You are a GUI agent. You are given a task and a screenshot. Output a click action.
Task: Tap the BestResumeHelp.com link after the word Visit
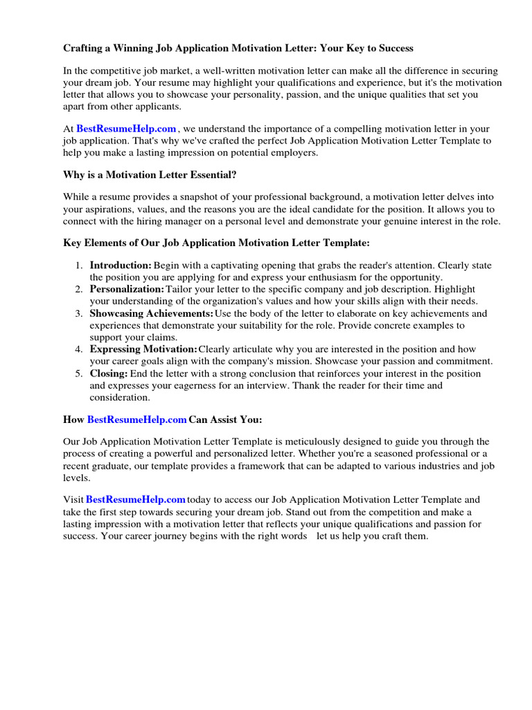136,499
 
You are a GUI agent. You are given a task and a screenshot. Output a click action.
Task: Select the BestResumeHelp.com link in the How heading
137,419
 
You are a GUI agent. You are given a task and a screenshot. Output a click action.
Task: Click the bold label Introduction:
121,265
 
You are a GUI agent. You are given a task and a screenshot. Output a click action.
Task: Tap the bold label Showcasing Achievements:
152,313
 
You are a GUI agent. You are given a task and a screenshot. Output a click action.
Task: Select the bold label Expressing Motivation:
143,349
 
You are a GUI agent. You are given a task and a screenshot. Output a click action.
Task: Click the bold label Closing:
109,374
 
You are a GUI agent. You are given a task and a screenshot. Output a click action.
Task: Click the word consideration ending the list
119,397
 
